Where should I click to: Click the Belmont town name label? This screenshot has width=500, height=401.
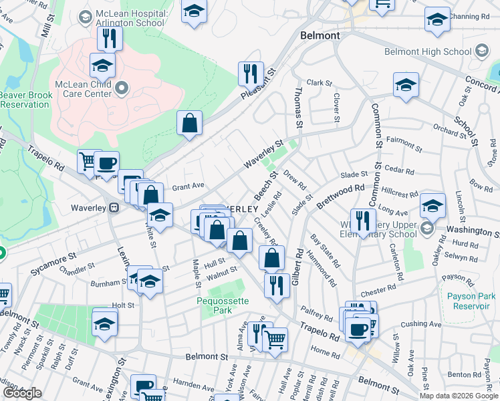coord(320,35)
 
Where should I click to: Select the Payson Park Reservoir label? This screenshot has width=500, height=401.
coord(469,301)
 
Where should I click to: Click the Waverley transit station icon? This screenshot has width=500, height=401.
coord(114,208)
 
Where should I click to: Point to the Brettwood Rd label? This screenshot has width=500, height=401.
coord(342,196)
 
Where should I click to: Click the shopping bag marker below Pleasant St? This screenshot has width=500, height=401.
coord(190,123)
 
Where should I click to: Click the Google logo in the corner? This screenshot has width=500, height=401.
coord(22,393)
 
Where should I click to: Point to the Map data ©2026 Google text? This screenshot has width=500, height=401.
coord(458,396)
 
